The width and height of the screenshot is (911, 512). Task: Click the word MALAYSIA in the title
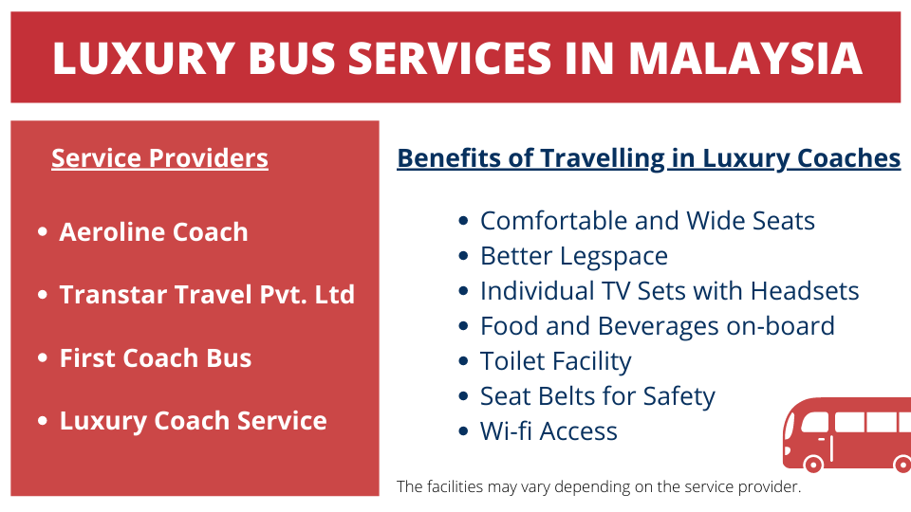[746, 58]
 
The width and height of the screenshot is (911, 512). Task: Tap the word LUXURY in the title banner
[143, 58]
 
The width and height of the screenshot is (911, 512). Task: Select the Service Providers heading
[159, 158]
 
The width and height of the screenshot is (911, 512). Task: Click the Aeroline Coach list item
[154, 232]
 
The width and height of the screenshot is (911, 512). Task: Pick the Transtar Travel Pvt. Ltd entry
[207, 294]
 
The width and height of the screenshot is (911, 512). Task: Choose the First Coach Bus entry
[156, 358]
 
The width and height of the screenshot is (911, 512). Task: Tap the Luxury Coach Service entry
[194, 421]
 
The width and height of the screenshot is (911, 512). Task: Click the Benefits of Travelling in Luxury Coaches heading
[648, 158]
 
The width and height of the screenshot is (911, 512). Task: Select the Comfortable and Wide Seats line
[647, 221]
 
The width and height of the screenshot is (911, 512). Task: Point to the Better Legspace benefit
[574, 256]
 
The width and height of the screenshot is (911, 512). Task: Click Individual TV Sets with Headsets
[669, 291]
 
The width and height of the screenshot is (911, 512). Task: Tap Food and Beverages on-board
[657, 326]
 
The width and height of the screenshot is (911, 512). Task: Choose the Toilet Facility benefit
[555, 361]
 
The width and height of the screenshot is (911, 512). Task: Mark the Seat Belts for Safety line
[597, 396]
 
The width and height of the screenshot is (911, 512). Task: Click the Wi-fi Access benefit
[548, 431]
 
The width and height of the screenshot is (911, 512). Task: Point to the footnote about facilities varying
[599, 486]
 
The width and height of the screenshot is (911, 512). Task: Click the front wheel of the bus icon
[813, 464]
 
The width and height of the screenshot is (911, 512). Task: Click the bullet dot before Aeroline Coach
[43, 232]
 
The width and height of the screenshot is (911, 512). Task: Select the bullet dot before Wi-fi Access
[463, 431]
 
